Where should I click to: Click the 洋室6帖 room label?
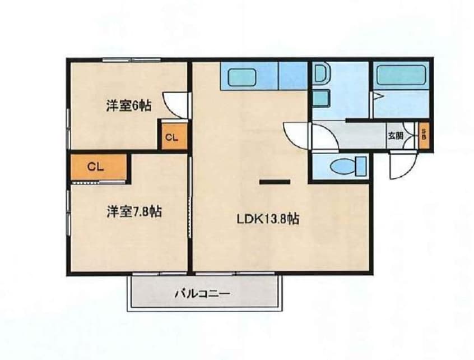128,106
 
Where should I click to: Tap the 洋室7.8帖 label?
134,211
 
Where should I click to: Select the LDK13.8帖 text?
268,219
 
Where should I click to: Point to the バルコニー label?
203,293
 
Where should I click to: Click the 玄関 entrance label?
396,135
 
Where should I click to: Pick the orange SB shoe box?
424,135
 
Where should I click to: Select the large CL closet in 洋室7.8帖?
99,167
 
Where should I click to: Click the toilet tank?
361,166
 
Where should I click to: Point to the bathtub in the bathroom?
401,74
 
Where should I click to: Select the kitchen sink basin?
241,77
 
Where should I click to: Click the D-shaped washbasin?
320,73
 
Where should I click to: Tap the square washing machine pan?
320,98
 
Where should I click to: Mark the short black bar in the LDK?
275,182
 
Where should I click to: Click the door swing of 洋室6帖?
175,105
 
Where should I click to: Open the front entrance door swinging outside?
403,166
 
